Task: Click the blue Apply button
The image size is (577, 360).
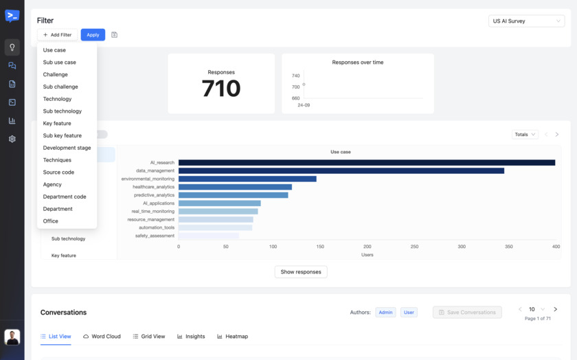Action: click(93, 35)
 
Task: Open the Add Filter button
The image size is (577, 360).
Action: click(58, 35)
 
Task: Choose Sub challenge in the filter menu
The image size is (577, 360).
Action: click(60, 87)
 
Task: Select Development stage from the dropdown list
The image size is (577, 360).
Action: click(67, 148)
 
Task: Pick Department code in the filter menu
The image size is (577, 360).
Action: click(65, 196)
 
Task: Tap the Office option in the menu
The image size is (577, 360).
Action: click(51, 221)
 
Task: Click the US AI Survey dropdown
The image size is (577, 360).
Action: click(526, 21)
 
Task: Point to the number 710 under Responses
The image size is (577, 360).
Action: click(221, 89)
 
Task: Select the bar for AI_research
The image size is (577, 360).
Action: click(366, 163)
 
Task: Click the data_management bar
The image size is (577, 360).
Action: click(341, 171)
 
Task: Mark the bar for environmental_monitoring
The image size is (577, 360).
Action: click(247, 179)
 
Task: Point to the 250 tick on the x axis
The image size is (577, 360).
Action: click(414, 247)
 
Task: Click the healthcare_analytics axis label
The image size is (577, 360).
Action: click(153, 187)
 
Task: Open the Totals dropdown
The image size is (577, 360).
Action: click(525, 135)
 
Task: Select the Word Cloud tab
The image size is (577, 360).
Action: click(102, 337)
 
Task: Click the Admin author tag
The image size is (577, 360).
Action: click(385, 313)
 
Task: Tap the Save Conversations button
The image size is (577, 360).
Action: click(467, 313)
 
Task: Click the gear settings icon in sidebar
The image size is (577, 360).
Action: click(12, 139)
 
